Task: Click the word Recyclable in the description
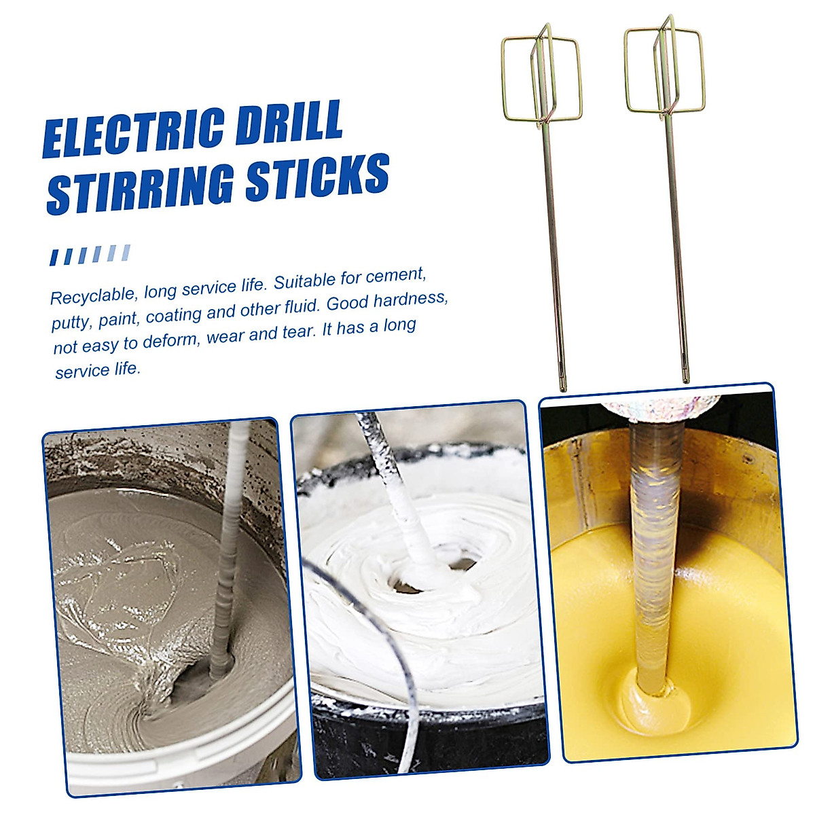pyautogui.click(x=93, y=295)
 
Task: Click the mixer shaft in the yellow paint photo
pyautogui.click(x=653, y=543)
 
